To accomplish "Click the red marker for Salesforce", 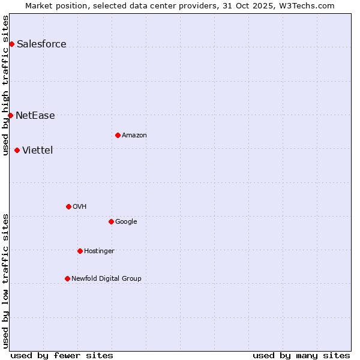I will click(x=11, y=44).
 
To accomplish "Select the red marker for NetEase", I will click(x=10, y=115).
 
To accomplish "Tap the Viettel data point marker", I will click(x=17, y=150).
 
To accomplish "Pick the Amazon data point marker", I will click(x=118, y=135).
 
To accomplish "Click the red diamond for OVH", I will click(x=68, y=206).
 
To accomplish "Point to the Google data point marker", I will click(x=111, y=221).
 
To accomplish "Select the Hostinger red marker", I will click(x=80, y=251).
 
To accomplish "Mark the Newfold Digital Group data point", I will click(x=67, y=278).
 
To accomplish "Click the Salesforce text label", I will click(x=41, y=44).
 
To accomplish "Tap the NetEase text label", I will click(x=35, y=116).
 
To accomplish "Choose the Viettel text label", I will click(x=37, y=150).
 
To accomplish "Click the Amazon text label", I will click(x=134, y=135).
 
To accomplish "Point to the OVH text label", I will click(x=80, y=206).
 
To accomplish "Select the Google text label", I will click(x=126, y=221).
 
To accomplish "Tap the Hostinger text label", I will click(x=99, y=251).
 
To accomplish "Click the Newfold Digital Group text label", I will click(x=106, y=278).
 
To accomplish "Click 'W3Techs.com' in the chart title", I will click(x=310, y=5).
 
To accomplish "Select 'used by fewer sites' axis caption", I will click(x=62, y=355).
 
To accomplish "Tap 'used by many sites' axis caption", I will click(x=301, y=355).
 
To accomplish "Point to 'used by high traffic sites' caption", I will click(x=5, y=85).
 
